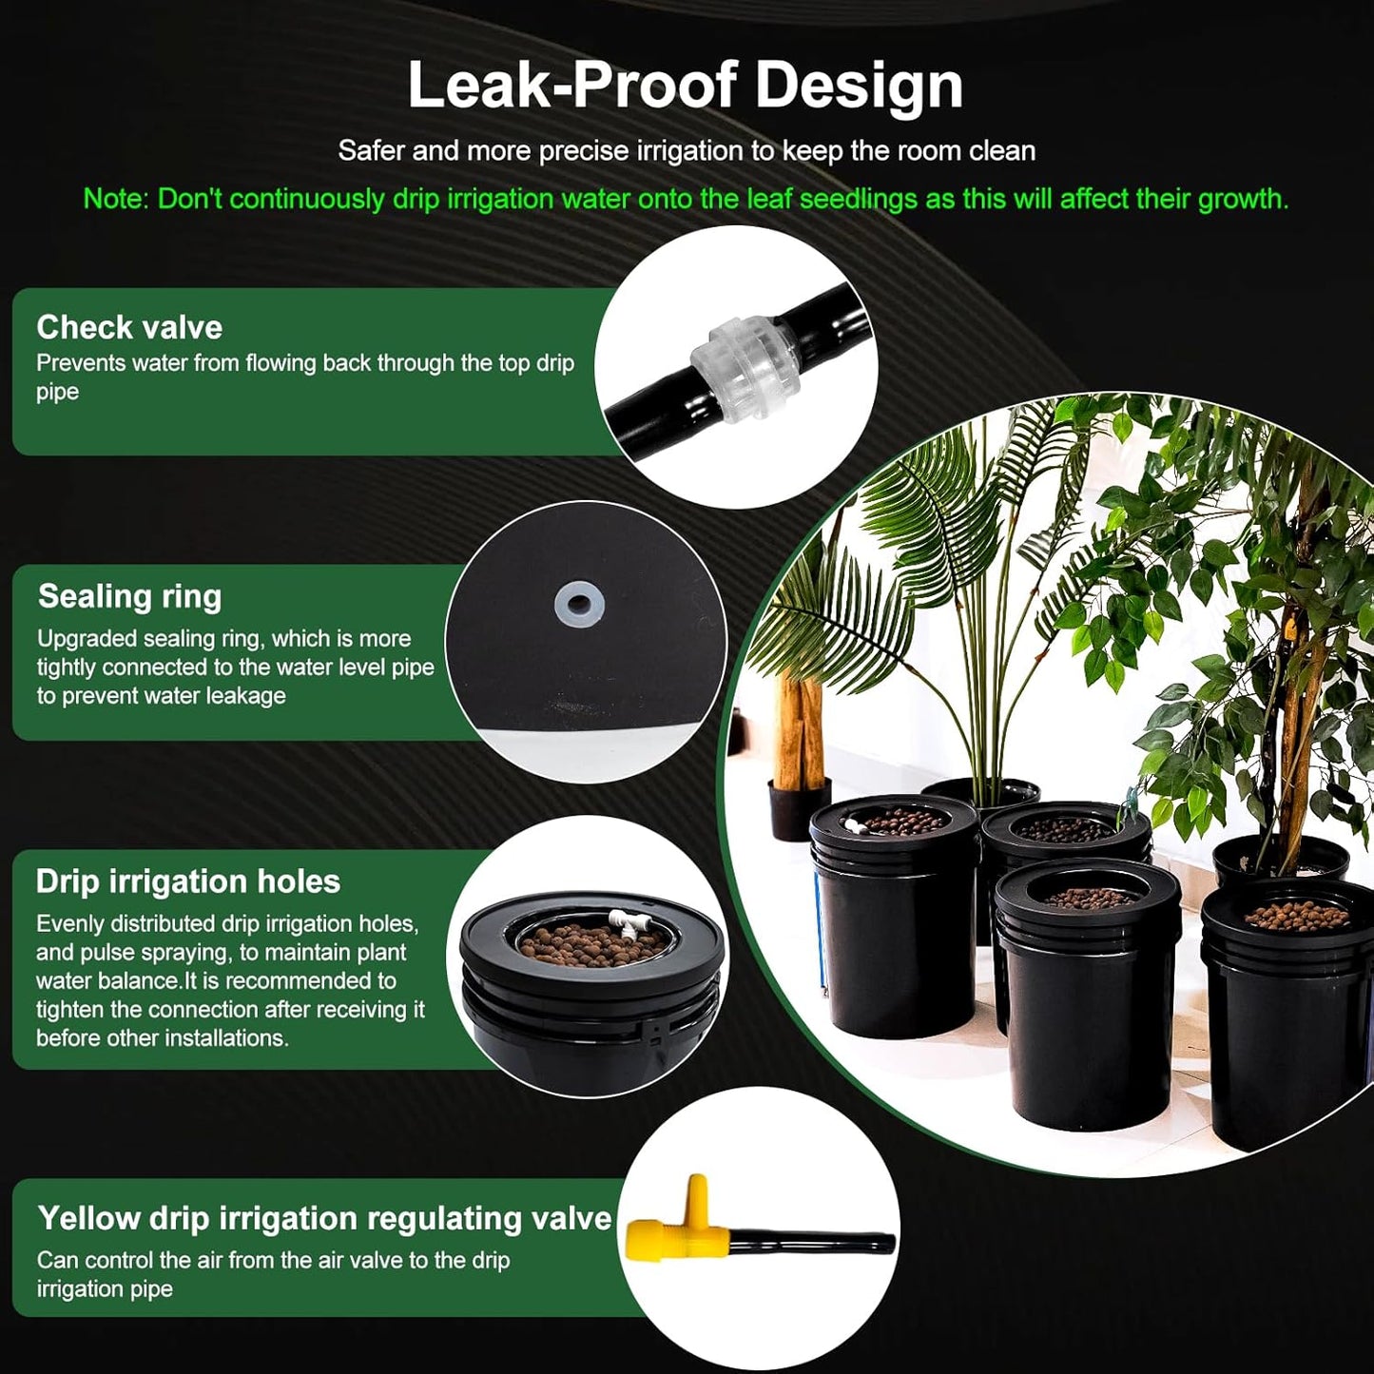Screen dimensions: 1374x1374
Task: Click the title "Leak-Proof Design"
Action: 685,86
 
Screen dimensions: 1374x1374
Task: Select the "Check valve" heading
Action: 129,327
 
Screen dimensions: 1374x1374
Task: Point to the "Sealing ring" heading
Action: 129,596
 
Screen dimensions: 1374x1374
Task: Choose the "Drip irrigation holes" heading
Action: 187,881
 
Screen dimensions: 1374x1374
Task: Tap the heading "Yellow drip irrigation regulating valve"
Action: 323,1218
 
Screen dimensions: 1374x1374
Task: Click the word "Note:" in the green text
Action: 116,199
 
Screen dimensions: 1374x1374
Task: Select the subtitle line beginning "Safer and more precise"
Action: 687,150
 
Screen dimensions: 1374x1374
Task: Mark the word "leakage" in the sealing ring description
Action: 245,696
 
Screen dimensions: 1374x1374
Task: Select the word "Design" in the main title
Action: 859,86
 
